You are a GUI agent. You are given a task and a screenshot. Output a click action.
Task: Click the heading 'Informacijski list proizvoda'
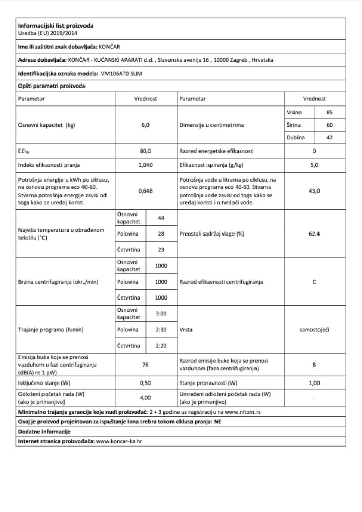pos(56,26)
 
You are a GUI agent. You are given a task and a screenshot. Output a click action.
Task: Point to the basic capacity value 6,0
pos(145,125)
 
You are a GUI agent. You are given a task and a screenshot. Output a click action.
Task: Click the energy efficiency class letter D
pos(314,151)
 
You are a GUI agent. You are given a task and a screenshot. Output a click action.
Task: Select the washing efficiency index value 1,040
pos(145,164)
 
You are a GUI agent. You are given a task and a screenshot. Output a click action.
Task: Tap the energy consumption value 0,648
pos(145,190)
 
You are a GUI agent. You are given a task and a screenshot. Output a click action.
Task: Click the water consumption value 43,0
pos(314,190)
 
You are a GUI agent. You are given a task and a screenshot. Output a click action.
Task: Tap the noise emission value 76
pos(145,365)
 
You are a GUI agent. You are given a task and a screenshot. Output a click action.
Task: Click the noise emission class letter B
pos(314,365)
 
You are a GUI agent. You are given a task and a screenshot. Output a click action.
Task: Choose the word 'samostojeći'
pos(314,329)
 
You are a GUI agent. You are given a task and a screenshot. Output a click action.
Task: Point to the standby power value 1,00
pos(314,382)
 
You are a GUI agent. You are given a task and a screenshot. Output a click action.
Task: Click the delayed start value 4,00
pos(145,397)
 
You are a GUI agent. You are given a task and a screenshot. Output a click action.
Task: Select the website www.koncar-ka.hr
pos(119,441)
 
